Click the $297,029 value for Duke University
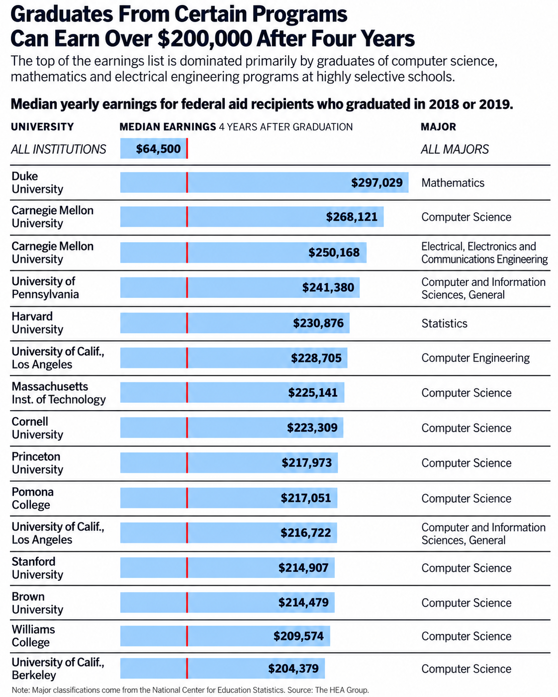pyautogui.click(x=377, y=182)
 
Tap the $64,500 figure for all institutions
pyautogui.click(x=158, y=149)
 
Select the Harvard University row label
pyautogui.click(x=37, y=323)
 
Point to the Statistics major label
pyautogui.click(x=444, y=323)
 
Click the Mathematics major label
pyautogui.click(x=453, y=182)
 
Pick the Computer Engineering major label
pyautogui.click(x=475, y=358)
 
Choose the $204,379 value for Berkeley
pyautogui.click(x=293, y=668)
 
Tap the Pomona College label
pyautogui.click(x=32, y=498)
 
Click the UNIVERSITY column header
pyautogui.click(x=42, y=127)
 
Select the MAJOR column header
pyautogui.click(x=438, y=127)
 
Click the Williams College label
pyautogui.click(x=33, y=636)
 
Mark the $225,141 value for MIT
pyautogui.click(x=313, y=393)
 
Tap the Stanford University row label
pyautogui.click(x=37, y=568)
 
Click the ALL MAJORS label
pyautogui.click(x=455, y=149)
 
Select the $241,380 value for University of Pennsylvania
pyautogui.click(x=328, y=287)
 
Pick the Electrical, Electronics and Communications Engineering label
pyautogui.click(x=484, y=253)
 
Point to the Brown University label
pyautogui.click(x=37, y=603)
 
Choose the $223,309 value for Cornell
pyautogui.click(x=312, y=428)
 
